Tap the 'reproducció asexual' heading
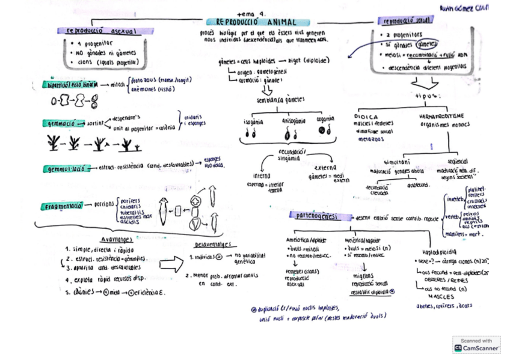(x=102, y=30)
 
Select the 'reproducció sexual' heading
(x=405, y=21)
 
